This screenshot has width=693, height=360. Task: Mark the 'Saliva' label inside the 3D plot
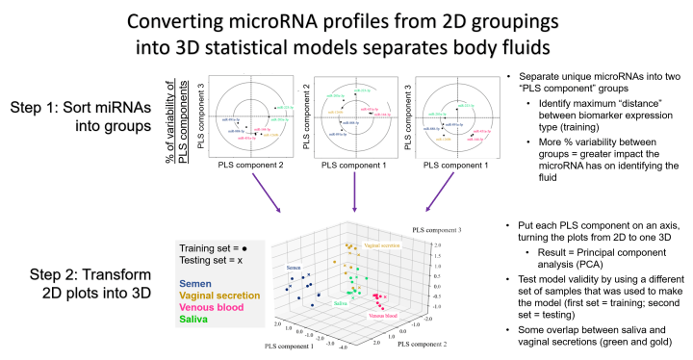tap(340, 302)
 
